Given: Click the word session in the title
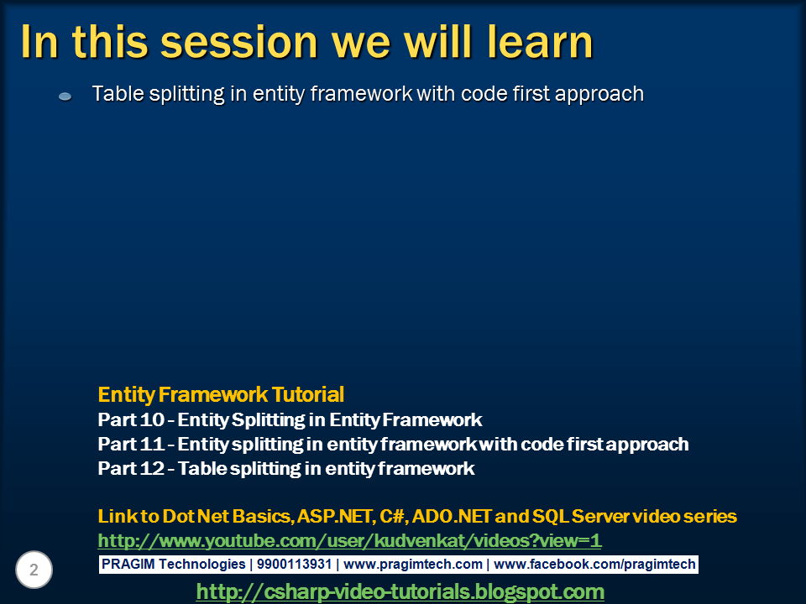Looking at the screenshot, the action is pyautogui.click(x=239, y=42).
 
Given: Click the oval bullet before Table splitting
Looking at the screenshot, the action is pyautogui.click(x=65, y=96).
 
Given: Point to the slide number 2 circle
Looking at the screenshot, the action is pyautogui.click(x=34, y=570).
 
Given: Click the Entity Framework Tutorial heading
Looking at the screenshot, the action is pyautogui.click(x=221, y=394).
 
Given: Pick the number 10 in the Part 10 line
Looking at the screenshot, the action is pyautogui.click(x=152, y=419).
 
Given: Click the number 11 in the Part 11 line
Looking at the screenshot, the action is pyautogui.click(x=152, y=444).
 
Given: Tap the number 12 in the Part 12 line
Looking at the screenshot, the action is pyautogui.click(x=152, y=468).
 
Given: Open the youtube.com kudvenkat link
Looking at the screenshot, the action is pyautogui.click(x=349, y=540).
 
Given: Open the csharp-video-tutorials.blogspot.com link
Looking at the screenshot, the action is pyautogui.click(x=400, y=591).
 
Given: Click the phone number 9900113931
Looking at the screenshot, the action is pyautogui.click(x=294, y=564).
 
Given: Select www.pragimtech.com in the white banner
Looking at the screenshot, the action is pyautogui.click(x=413, y=565).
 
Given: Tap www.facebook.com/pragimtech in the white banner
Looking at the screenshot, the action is pyautogui.click(x=594, y=565).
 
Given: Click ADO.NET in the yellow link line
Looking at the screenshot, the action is pyautogui.click(x=452, y=516).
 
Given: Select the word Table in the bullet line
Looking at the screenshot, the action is pyautogui.click(x=118, y=94).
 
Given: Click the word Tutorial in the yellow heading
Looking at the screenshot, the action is pyautogui.click(x=307, y=394).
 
